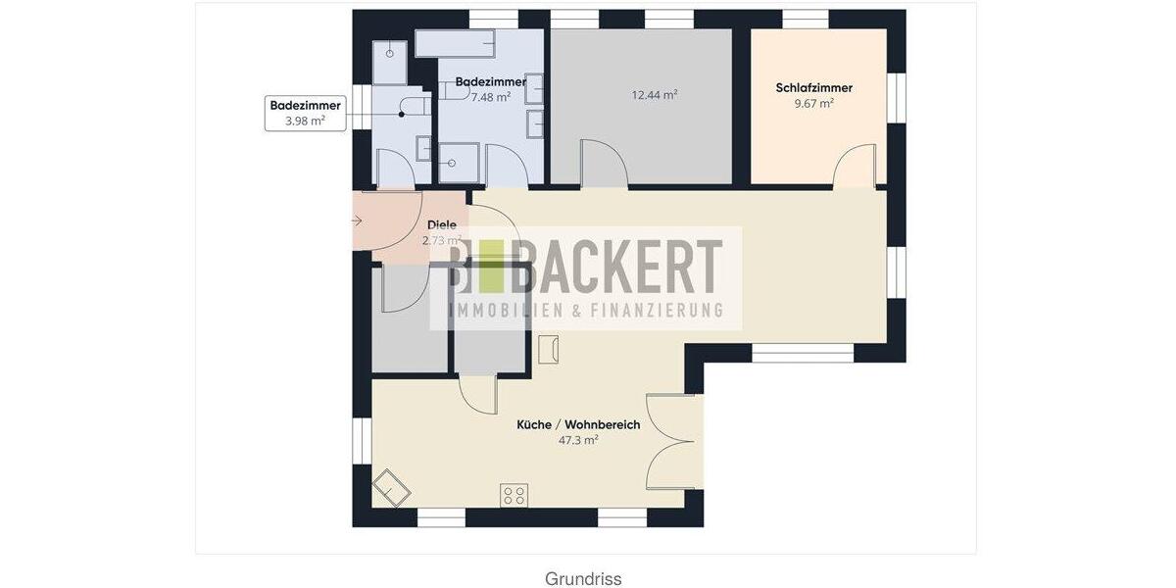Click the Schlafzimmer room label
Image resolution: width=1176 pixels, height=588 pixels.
coord(813,88)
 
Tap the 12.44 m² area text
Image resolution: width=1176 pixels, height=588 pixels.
coord(655,95)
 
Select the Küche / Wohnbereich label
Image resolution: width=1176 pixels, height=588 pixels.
coord(578,425)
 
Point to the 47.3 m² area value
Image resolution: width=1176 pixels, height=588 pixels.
coord(578,441)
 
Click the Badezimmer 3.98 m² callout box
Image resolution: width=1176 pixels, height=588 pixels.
coord(305,113)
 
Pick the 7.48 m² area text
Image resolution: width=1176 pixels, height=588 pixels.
coord(490,97)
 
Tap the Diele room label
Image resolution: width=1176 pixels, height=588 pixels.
coord(441,225)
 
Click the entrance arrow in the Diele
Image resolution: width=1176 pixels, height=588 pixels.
coord(357,220)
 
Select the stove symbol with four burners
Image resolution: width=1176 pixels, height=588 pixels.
coord(514,495)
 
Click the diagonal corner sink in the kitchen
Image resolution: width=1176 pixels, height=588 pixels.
coord(393,486)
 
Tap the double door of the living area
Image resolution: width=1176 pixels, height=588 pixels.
coord(673,441)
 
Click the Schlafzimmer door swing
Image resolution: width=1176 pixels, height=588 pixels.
coord(855,164)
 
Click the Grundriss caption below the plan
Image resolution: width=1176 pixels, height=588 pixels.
coord(583,578)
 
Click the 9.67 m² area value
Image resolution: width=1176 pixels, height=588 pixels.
coord(813,103)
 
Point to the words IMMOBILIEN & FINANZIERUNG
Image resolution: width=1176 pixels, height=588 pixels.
coord(585,311)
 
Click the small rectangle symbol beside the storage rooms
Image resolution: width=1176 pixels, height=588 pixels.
coord(549,348)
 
